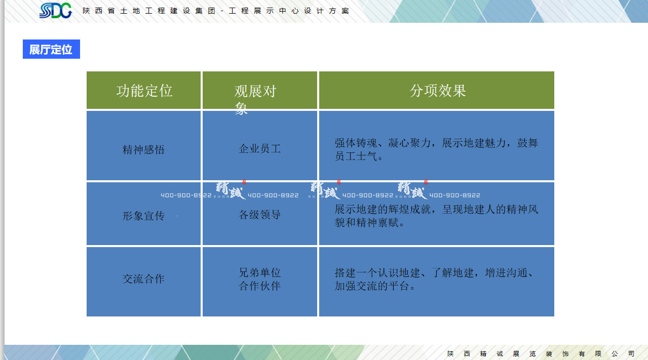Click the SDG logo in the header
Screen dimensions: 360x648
(56, 10)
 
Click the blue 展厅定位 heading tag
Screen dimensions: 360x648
(51, 49)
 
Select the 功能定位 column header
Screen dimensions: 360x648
(144, 91)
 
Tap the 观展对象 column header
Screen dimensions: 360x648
(255, 92)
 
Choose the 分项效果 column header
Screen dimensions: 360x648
(438, 91)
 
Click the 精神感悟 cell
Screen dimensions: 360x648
(144, 150)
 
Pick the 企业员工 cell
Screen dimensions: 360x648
(260, 149)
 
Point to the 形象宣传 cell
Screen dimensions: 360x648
(144, 216)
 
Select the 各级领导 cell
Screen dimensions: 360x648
(260, 215)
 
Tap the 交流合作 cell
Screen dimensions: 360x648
(144, 279)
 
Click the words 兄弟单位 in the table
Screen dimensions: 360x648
(260, 273)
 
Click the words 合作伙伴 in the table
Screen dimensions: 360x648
(260, 286)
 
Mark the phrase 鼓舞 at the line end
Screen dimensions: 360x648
(527, 143)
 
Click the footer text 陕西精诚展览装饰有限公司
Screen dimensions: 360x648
(541, 353)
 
